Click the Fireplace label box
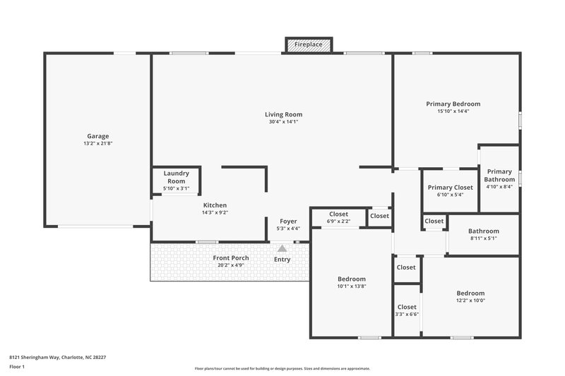pos(308,44)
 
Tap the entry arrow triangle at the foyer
pos(282,248)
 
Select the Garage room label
pos(98,136)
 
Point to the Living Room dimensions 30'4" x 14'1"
pos(283,121)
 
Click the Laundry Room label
pos(177,177)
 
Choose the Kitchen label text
pos(215,205)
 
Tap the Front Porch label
pos(231,258)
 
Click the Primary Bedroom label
pos(453,104)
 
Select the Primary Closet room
pos(450,190)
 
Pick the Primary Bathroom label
pos(499,176)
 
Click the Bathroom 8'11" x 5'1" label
pos(483,234)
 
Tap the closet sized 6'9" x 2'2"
pos(339,217)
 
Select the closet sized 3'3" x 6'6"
pos(407,310)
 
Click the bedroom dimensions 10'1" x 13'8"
pos(351,286)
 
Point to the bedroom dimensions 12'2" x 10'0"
pos(470,300)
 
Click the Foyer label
pos(288,221)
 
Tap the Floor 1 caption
pos(17,367)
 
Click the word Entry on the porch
pos(282,259)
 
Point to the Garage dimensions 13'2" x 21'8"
pos(98,143)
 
